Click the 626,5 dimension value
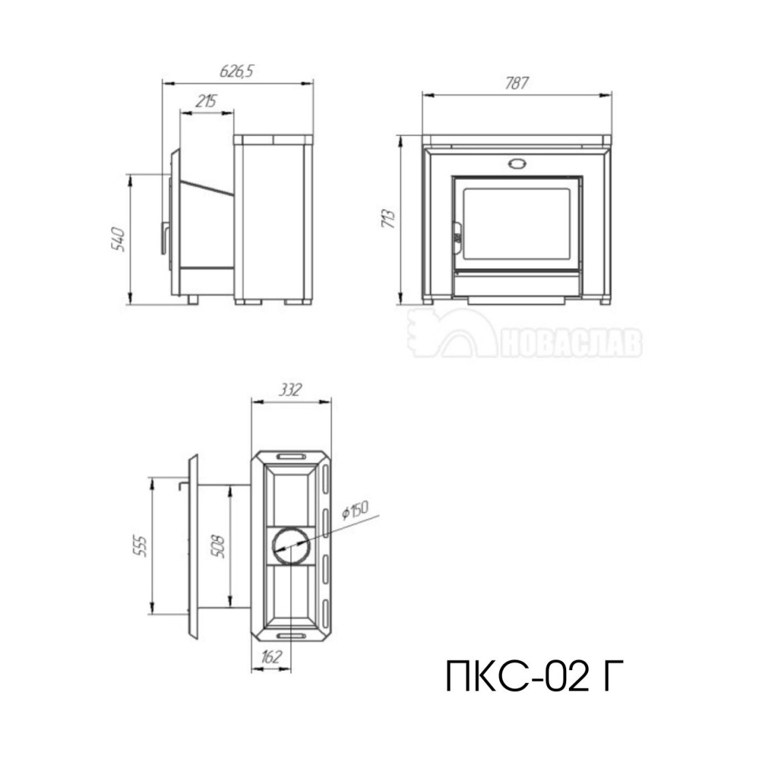click(237, 71)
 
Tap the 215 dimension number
click(207, 101)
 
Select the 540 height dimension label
click(118, 239)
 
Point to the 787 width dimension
click(516, 83)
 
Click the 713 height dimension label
click(388, 219)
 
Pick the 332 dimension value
click(290, 390)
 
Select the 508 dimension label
click(219, 546)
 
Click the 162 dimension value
click(271, 657)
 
